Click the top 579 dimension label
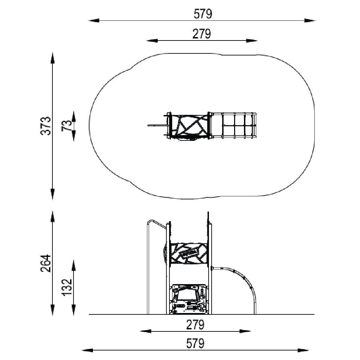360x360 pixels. (203, 14)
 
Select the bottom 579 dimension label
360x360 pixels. (195, 344)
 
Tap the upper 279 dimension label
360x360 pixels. (201, 34)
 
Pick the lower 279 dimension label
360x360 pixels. (195, 325)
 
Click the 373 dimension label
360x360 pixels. (46, 126)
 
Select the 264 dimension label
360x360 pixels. (46, 263)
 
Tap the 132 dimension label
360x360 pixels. (67, 288)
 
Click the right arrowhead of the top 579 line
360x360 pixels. (310, 21)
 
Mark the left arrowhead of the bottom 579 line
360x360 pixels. (88, 350)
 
